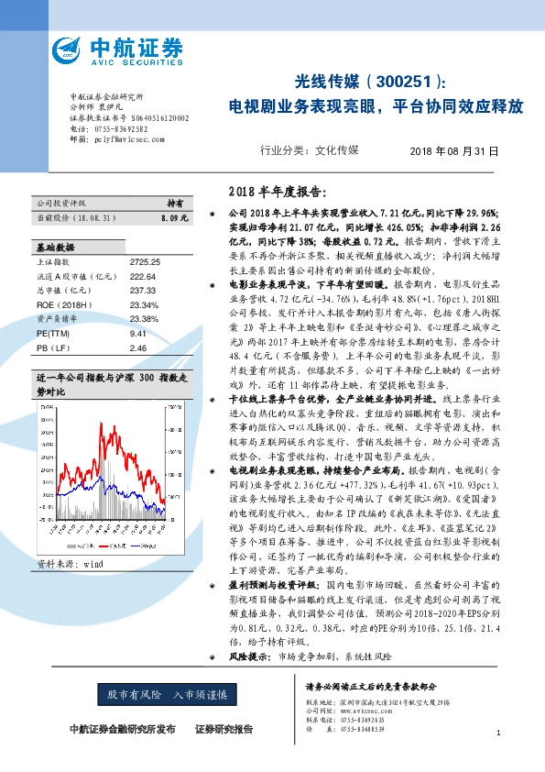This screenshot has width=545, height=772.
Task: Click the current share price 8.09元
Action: (x=172, y=218)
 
